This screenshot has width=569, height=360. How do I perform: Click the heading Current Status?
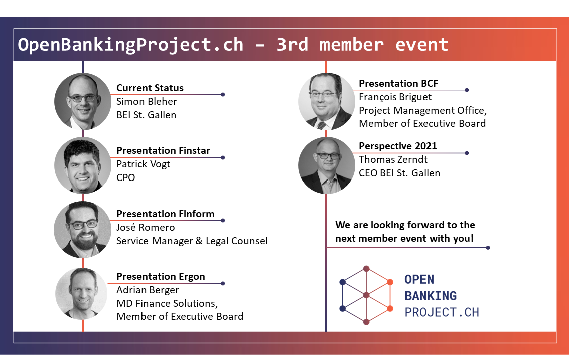pyautogui.click(x=150, y=88)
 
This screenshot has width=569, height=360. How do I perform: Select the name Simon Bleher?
pyautogui.click(x=147, y=101)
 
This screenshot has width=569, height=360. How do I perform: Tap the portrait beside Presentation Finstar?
pyautogui.click(x=83, y=165)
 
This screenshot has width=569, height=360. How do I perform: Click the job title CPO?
pyautogui.click(x=125, y=177)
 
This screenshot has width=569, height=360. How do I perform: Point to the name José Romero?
pyautogui.click(x=146, y=227)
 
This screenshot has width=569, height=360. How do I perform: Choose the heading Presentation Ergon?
pyautogui.click(x=161, y=277)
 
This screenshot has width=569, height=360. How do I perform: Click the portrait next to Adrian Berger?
pyautogui.click(x=82, y=294)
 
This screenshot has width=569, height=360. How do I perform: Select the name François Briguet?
pyautogui.click(x=395, y=97)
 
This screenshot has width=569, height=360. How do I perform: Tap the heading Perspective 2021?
pyautogui.click(x=398, y=146)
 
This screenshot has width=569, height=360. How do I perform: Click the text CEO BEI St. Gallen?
pyautogui.click(x=399, y=173)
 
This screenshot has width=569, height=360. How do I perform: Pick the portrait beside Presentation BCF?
pyautogui.click(x=326, y=101)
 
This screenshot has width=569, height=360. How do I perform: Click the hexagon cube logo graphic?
pyautogui.click(x=366, y=295)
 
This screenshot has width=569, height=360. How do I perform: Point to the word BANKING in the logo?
pyautogui.click(x=431, y=296)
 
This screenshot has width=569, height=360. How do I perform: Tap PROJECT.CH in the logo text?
pyautogui.click(x=442, y=312)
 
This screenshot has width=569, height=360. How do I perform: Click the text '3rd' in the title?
pyautogui.click(x=292, y=45)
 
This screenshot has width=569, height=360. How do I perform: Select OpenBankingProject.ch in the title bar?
pyautogui.click(x=130, y=45)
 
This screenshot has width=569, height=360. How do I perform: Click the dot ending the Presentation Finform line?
pyautogui.click(x=223, y=221)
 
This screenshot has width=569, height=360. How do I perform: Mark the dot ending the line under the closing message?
pyautogui.click(x=488, y=248)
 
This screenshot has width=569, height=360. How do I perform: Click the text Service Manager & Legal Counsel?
pyautogui.click(x=192, y=241)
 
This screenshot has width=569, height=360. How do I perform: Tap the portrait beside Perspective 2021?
pyautogui.click(x=326, y=165)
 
